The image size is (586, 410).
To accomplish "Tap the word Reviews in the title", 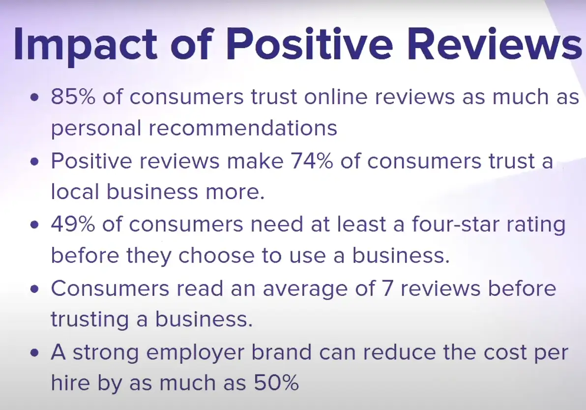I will click(497, 46).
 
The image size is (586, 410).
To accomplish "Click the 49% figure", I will click(74, 225).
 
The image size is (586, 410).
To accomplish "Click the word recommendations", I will click(251, 128).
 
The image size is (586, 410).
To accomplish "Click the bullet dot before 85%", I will click(34, 98).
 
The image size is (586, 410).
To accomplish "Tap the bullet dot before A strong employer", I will click(34, 354).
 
